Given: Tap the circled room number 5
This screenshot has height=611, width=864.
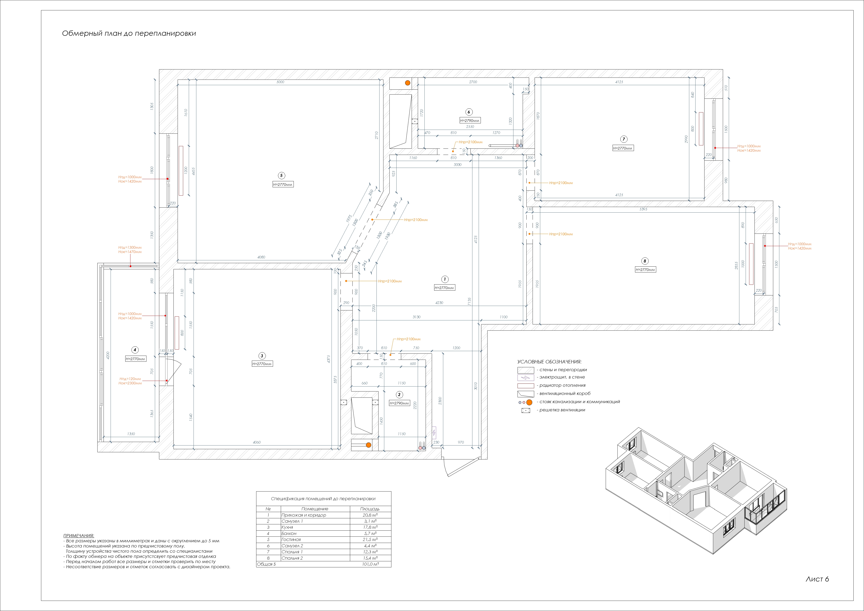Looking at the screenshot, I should click(x=281, y=175).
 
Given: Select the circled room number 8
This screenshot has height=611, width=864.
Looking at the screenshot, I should click(x=645, y=261).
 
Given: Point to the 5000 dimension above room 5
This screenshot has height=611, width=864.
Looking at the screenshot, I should click(x=280, y=82).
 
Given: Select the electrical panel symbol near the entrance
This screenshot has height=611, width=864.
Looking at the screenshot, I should click(x=434, y=433).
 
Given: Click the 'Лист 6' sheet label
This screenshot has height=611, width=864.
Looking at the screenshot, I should click(x=817, y=579).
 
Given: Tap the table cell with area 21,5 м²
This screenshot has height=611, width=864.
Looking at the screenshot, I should click(x=370, y=539).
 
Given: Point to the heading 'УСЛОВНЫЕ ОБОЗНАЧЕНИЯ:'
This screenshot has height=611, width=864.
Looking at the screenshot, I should click(x=549, y=362).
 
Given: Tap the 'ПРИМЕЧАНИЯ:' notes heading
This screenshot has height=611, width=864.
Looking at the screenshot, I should click(x=79, y=535).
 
